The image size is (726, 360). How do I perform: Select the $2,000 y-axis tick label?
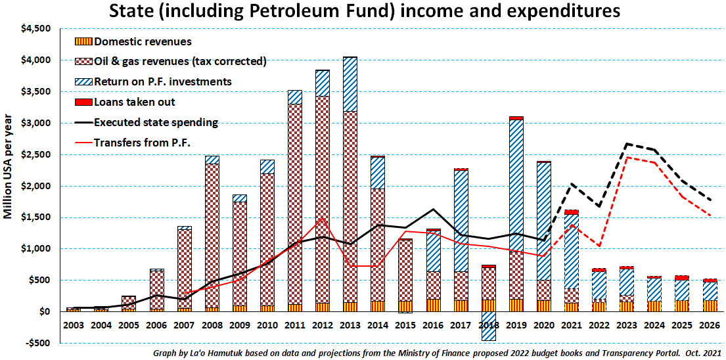[x=37, y=186]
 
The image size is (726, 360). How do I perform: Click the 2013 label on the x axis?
[x=350, y=324]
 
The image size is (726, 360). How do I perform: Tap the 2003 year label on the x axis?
[x=74, y=324]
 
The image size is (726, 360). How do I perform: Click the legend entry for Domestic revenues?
[x=143, y=41]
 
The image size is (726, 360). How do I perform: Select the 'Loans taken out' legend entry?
[x=135, y=102]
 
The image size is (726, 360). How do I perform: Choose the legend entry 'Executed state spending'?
[x=156, y=122]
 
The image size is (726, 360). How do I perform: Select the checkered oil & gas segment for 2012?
[x=323, y=197]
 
